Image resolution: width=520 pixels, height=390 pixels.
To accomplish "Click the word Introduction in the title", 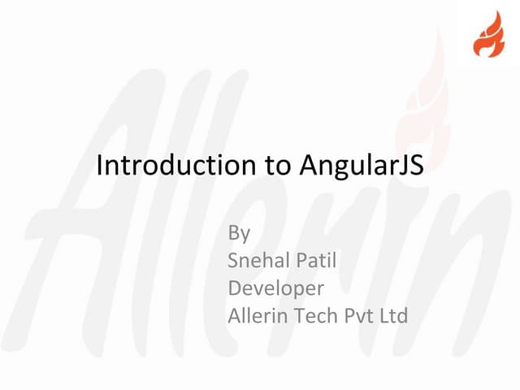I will click(x=173, y=166).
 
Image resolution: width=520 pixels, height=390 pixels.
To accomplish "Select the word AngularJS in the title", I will click(x=362, y=166).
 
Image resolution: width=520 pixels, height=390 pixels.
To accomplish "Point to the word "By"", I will click(x=239, y=233).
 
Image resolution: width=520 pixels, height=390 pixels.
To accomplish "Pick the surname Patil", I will click(x=318, y=261).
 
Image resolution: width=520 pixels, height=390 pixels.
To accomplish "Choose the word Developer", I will click(x=276, y=288).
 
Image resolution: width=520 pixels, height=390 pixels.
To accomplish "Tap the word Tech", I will click(x=315, y=315).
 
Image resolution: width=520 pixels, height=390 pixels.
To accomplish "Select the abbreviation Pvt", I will click(x=361, y=315).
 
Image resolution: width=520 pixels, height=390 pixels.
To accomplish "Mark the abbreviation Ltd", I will click(x=395, y=315).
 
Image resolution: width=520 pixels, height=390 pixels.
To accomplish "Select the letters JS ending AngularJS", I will click(x=414, y=166).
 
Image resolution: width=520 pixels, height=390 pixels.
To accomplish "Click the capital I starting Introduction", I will click(x=99, y=166).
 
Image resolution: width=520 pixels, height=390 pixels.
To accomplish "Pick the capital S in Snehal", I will click(x=234, y=261).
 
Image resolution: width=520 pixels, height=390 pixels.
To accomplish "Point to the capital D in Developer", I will click(x=235, y=288).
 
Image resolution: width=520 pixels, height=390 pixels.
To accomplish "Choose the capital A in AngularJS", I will click(x=308, y=166).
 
